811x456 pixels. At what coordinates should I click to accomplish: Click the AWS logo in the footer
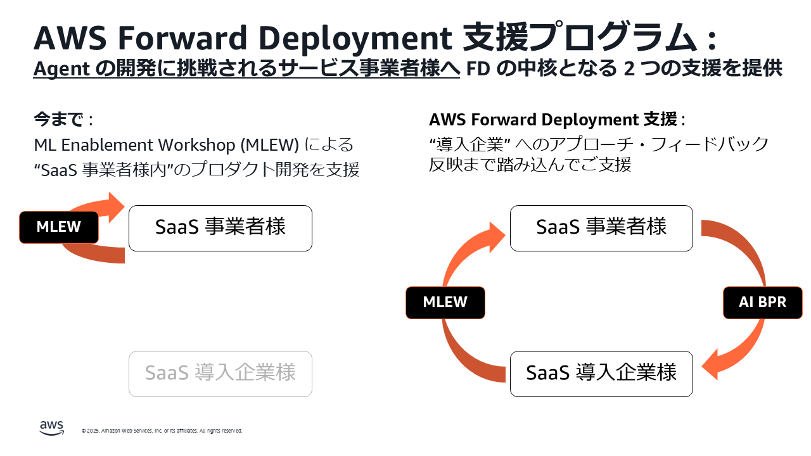click(52, 429)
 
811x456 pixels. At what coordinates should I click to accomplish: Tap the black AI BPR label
click(762, 302)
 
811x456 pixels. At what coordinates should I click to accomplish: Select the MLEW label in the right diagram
click(445, 302)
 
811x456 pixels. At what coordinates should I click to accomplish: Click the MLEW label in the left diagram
click(59, 227)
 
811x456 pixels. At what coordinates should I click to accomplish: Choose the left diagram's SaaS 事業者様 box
click(220, 228)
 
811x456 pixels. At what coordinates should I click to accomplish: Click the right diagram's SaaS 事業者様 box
click(601, 228)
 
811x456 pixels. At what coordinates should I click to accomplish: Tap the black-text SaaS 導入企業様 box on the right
click(601, 374)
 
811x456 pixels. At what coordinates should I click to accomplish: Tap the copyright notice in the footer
click(162, 431)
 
